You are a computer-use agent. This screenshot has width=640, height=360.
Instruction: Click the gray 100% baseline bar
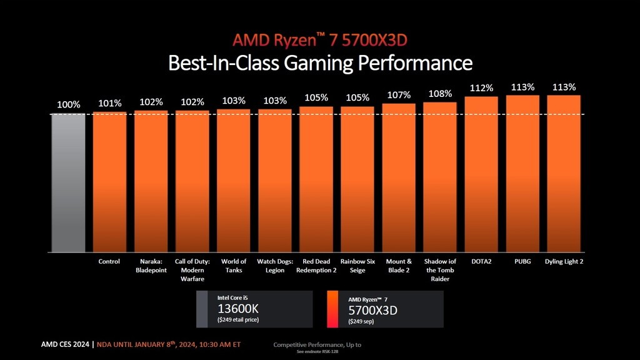coord(67,181)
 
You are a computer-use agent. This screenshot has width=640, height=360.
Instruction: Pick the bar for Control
coord(109,181)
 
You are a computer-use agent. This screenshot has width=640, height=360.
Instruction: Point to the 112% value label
coord(482,89)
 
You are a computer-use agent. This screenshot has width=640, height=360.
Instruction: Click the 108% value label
coord(440,94)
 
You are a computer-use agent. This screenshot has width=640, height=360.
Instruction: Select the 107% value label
coord(399,95)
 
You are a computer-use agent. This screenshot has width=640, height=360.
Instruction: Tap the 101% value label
coord(109,103)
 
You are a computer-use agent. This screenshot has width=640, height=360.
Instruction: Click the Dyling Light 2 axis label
coord(564,261)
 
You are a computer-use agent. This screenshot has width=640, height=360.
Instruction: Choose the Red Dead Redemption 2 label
coord(316,266)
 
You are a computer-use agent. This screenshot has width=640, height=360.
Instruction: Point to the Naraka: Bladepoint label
coord(151,266)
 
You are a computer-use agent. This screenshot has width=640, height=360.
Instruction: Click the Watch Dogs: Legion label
coord(275,266)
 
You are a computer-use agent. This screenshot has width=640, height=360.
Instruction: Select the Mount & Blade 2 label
coord(399,266)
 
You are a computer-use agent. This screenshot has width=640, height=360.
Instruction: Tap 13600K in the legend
coord(237,309)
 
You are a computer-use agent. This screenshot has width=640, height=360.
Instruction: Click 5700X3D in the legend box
coord(372,310)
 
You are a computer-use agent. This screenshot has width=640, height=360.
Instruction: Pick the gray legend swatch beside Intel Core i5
coord(202,309)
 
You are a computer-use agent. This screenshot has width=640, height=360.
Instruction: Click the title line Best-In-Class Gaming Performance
coord(320,63)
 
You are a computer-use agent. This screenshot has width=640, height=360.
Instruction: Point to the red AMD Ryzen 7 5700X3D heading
coord(320,41)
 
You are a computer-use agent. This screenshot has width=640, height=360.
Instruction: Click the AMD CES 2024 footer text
coord(65,344)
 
